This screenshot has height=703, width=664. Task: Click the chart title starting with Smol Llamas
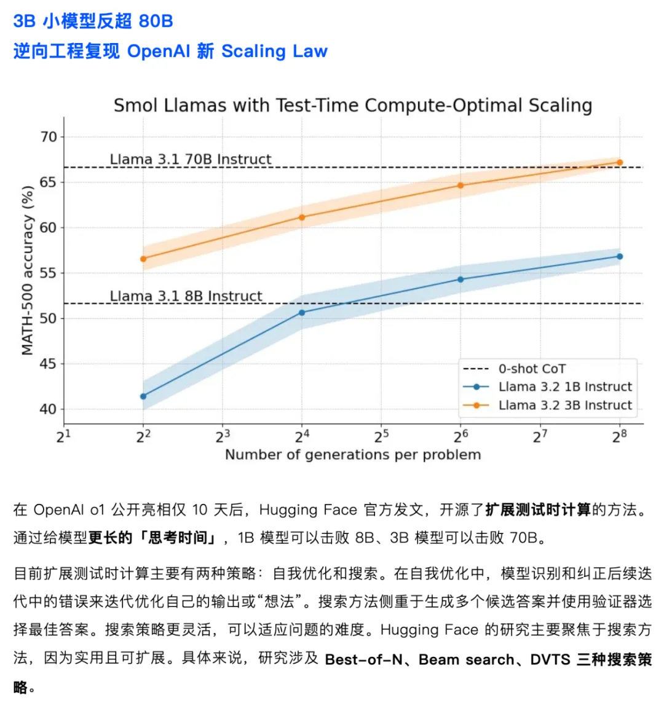[353, 105]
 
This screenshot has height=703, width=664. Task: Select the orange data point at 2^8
[620, 163]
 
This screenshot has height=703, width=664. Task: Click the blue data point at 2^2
[143, 396]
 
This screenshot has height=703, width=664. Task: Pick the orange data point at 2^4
[302, 217]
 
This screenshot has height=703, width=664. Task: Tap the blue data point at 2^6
[460, 279]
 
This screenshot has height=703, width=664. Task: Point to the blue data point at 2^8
[620, 256]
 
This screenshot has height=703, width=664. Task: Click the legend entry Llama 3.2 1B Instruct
[565, 387]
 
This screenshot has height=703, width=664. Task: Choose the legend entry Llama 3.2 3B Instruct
[565, 405]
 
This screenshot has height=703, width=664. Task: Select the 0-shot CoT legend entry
[532, 369]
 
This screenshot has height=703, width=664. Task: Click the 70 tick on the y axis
[49, 137]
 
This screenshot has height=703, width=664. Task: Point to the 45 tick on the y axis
[49, 364]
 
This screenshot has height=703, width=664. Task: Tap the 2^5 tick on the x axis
[381, 436]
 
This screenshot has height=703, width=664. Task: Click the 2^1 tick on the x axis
[64, 436]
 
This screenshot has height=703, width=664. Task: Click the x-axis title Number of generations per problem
[353, 455]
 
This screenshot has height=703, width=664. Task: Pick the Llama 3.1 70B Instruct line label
[191, 159]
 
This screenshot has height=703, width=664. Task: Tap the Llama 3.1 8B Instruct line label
[186, 296]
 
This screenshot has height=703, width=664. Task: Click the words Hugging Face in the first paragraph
[308, 510]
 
